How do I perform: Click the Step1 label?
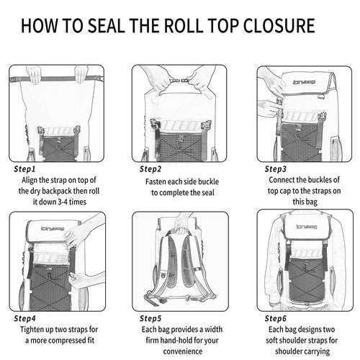pyautogui.click(x=28, y=169)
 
